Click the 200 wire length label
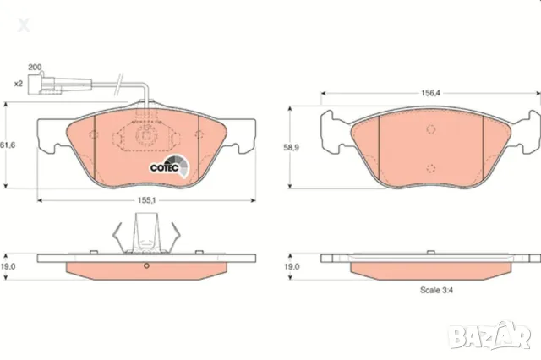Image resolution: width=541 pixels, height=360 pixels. click(x=35, y=67)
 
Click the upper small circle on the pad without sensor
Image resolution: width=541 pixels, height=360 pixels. click(x=430, y=129)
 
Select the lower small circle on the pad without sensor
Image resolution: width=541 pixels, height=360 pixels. click(x=430, y=166)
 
